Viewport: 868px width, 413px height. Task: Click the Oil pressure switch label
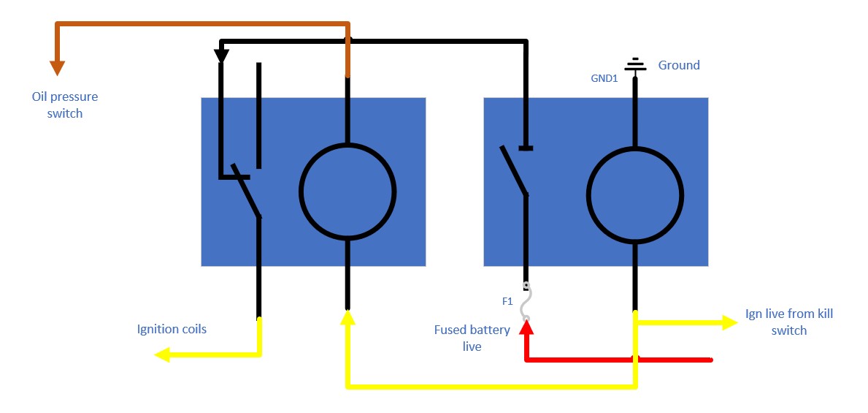(x=65, y=105)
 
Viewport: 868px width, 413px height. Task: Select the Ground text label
(x=679, y=65)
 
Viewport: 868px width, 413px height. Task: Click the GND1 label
(x=604, y=78)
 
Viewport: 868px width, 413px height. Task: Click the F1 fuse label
(x=507, y=300)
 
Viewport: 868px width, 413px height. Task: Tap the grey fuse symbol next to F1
(x=526, y=301)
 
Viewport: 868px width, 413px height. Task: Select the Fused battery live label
(x=472, y=338)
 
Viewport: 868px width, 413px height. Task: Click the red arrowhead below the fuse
(x=526, y=328)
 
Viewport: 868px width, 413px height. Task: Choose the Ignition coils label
(x=172, y=329)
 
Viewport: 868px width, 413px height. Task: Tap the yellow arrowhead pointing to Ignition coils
(x=162, y=355)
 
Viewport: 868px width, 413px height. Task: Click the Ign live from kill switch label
(x=789, y=322)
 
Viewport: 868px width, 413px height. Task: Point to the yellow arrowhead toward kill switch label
(x=729, y=322)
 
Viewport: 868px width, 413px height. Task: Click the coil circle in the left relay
(x=347, y=192)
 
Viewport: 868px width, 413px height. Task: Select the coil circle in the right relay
(x=635, y=194)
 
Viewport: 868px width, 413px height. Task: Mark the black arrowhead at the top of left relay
(x=221, y=55)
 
